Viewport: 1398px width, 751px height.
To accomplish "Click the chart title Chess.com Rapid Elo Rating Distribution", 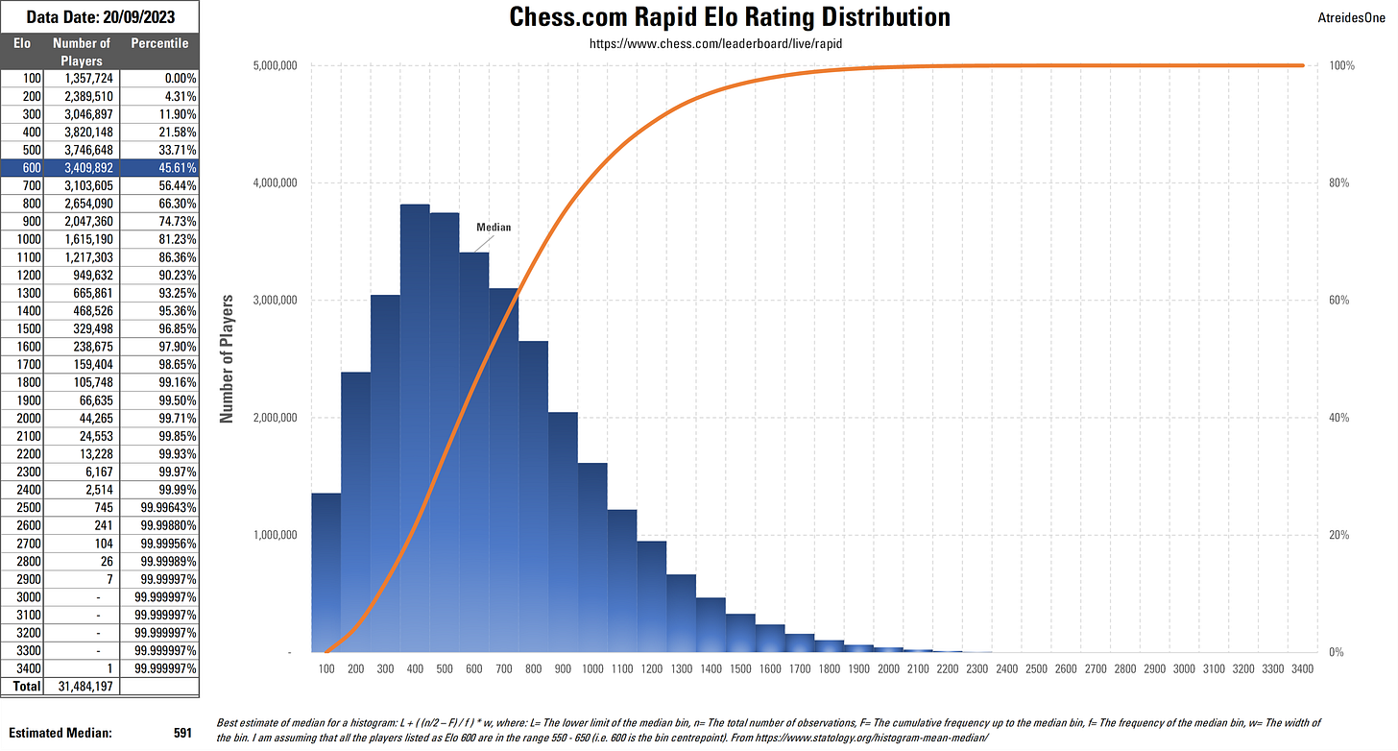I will tap(730, 17).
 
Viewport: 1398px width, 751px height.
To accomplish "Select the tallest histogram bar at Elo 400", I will tap(415, 432).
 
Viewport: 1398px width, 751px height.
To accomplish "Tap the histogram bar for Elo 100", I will tap(325, 576).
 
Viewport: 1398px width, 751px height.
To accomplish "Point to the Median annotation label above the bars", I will tap(494, 228).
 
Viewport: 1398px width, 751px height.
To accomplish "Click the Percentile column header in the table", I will tap(160, 43).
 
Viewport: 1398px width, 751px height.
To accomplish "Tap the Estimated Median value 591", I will tap(182, 733).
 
